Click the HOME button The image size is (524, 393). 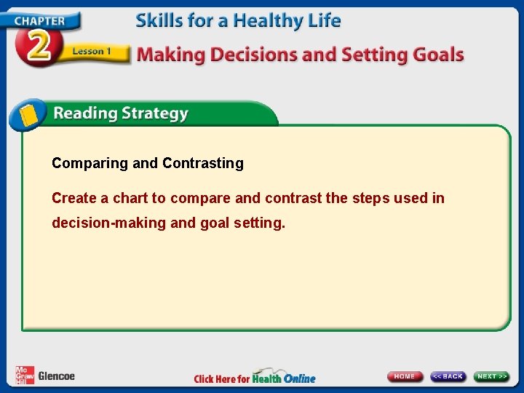click(x=405, y=376)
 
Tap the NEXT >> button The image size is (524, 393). click(x=492, y=376)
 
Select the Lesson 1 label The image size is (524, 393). click(x=91, y=52)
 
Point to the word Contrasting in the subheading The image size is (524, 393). click(x=203, y=164)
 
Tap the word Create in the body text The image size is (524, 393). click(x=73, y=199)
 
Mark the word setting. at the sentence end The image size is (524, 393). click(x=260, y=223)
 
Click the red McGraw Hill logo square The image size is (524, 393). click(x=25, y=375)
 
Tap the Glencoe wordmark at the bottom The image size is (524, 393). click(x=56, y=376)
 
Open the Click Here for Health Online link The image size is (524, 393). click(x=255, y=378)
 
